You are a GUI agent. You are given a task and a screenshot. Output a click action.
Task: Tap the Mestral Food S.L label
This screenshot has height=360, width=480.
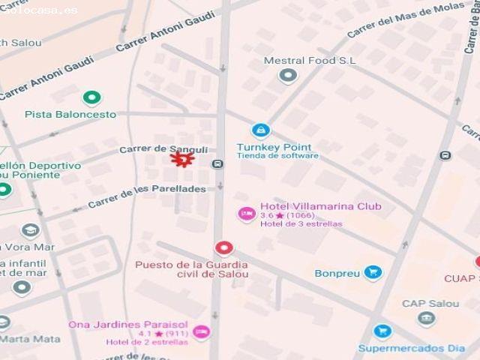(310, 61)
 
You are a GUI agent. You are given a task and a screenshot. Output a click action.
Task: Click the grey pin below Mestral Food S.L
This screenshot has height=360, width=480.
(288, 75)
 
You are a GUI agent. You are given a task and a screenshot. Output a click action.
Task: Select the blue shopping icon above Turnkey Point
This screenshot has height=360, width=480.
(261, 131)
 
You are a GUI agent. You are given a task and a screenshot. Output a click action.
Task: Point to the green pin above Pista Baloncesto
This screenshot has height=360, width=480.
(91, 97)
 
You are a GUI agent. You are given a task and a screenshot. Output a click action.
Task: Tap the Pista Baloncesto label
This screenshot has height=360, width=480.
(70, 115)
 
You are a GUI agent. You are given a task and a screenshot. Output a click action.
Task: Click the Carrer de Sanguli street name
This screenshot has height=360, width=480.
(163, 149)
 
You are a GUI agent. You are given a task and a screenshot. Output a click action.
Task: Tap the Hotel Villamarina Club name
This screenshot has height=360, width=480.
(320, 206)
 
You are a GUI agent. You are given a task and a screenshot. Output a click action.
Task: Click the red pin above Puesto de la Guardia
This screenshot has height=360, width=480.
(223, 247)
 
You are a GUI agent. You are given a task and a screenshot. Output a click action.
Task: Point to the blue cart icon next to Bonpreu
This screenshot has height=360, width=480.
(373, 272)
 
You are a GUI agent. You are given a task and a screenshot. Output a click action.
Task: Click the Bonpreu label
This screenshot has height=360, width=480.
(337, 273)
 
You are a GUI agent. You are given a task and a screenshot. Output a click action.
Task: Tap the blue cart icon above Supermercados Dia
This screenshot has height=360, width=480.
(382, 331)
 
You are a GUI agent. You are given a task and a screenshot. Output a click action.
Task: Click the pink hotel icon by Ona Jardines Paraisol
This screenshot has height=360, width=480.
(201, 332)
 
